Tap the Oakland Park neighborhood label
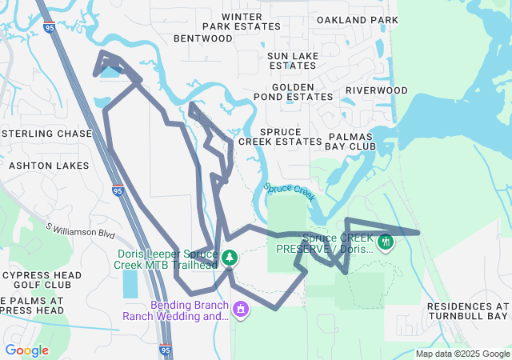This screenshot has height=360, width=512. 357,19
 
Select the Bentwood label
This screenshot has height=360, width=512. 202,38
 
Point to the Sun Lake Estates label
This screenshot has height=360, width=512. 293,60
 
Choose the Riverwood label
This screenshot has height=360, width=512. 376,90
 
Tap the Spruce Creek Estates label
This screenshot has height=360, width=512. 280,136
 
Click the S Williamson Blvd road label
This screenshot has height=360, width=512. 81,230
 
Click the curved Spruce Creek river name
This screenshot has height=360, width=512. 290,192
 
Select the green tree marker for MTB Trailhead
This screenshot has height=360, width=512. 230,258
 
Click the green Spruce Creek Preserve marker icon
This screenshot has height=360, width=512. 386,240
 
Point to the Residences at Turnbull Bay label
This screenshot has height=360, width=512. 468,311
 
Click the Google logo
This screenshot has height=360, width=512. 26,350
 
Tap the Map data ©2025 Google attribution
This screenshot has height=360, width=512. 462,354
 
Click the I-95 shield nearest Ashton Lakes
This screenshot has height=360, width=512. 118,190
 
